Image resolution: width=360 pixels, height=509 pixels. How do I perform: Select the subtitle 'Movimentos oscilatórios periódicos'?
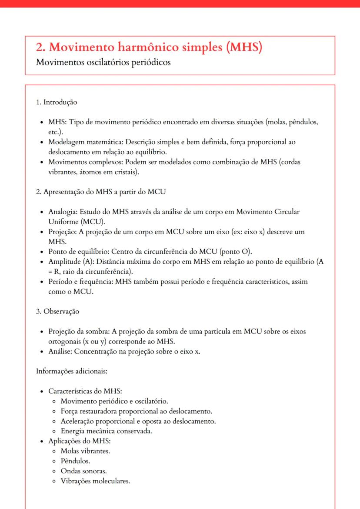(103, 62)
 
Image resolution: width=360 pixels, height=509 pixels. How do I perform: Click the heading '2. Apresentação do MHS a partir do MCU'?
(100, 192)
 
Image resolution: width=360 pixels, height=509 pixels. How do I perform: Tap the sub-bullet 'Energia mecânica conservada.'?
(107, 431)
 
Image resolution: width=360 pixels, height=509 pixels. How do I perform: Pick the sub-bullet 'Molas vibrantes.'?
(85, 451)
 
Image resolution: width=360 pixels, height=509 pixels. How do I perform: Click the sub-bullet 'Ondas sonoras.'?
(83, 471)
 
